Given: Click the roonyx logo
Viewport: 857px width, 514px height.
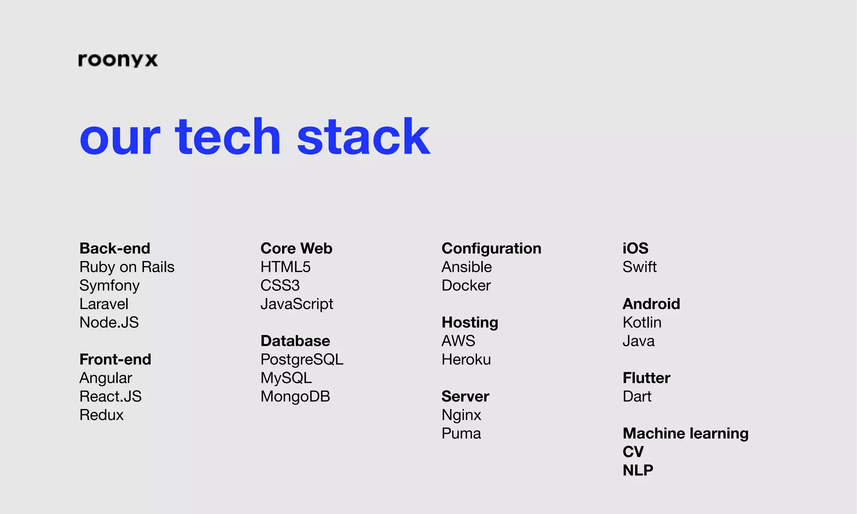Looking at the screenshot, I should click(118, 60).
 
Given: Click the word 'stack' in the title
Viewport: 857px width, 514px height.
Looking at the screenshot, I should click(363, 137).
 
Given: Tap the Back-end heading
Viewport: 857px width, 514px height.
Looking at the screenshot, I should click(115, 248).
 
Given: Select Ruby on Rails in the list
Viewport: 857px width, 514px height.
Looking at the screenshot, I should click(127, 267).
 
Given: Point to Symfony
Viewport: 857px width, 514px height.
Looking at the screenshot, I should click(109, 286).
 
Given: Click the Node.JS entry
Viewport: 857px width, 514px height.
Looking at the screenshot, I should click(109, 322).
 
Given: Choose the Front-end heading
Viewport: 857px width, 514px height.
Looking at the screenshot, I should click(115, 359).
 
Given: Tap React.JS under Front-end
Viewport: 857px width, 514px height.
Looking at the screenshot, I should click(110, 396).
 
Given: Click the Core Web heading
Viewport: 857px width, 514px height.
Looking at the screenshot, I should click(296, 248).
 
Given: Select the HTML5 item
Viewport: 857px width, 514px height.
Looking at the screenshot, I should click(285, 267).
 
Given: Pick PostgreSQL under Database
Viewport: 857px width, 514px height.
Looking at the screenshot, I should click(302, 360).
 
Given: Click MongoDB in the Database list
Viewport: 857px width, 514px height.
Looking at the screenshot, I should click(295, 396).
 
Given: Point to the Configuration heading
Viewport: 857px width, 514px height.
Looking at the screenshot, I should click(491, 248).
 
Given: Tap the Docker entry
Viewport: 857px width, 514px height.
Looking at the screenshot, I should click(466, 286).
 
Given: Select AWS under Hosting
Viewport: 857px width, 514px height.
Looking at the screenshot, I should click(458, 341).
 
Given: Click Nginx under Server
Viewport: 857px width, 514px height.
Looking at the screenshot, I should click(461, 415).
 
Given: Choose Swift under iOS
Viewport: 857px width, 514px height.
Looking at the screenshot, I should click(639, 267).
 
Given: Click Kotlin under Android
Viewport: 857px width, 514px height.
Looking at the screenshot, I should click(642, 322).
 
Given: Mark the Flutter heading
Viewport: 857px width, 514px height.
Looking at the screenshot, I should click(646, 378).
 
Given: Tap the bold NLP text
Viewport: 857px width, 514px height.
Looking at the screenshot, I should click(638, 471).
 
